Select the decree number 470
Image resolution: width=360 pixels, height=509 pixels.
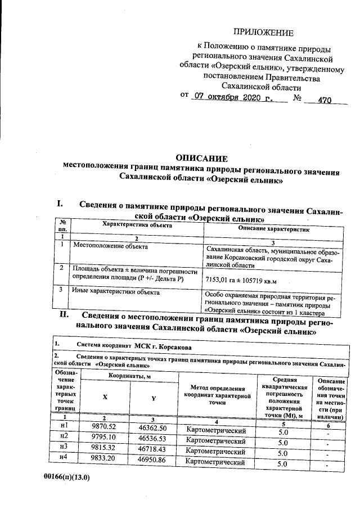pyautogui.click(x=325, y=101)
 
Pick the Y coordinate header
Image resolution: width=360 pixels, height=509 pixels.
pyautogui.click(x=153, y=398)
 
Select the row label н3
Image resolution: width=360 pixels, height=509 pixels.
pyautogui.click(x=64, y=447)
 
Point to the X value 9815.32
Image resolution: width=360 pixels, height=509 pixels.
pyautogui.click(x=107, y=448)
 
